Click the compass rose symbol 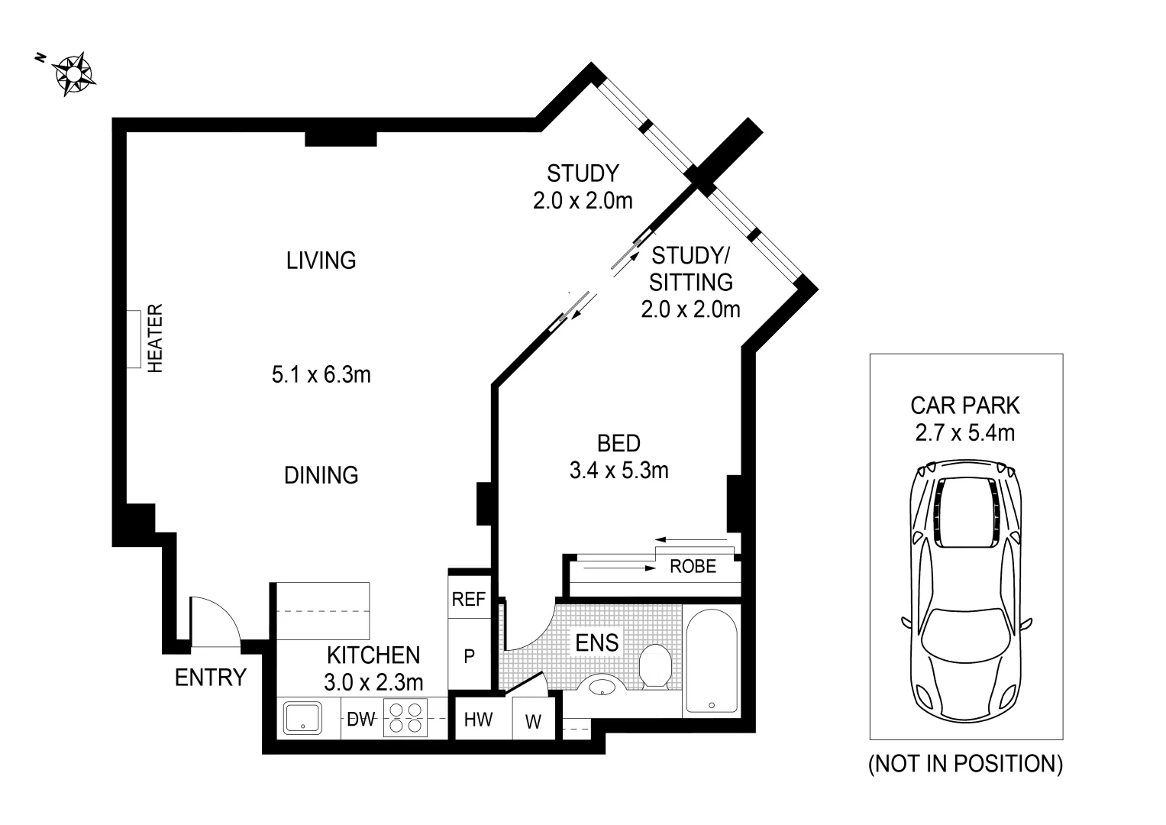(x=73, y=74)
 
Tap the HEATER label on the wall (x=155, y=338)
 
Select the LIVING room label (x=321, y=260)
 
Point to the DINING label (x=321, y=475)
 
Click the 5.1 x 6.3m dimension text (x=321, y=375)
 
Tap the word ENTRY (x=211, y=678)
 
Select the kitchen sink (x=302, y=719)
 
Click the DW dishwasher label (x=360, y=720)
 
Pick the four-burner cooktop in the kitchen (x=405, y=719)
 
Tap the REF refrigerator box (x=468, y=599)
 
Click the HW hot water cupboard (x=479, y=720)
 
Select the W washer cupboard (x=534, y=721)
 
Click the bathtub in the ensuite (x=710, y=662)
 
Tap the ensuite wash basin (x=603, y=686)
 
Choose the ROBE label (x=693, y=567)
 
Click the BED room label (x=619, y=443)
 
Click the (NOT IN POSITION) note (x=965, y=764)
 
